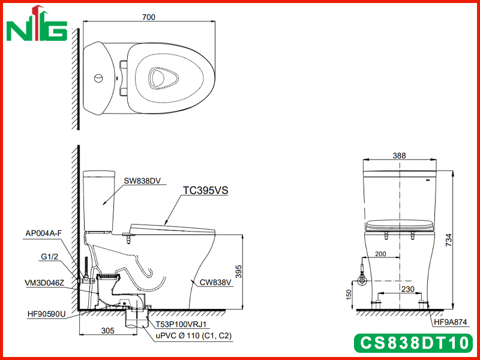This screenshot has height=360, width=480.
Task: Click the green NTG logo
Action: pos(37,25)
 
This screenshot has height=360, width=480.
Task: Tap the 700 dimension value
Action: pos(149,17)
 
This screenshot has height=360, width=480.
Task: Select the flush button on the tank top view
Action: pos(98,79)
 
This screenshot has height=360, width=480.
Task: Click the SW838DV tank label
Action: pos(142,181)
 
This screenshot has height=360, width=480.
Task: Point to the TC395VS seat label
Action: pos(205,190)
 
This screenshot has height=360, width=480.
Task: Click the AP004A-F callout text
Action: pos(43,233)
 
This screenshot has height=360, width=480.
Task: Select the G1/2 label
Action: pos(50,257)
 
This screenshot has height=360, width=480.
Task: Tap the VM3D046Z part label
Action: pos(44,283)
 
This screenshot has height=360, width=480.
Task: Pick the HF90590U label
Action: pos(46,314)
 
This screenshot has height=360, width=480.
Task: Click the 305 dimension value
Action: pos(108,331)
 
